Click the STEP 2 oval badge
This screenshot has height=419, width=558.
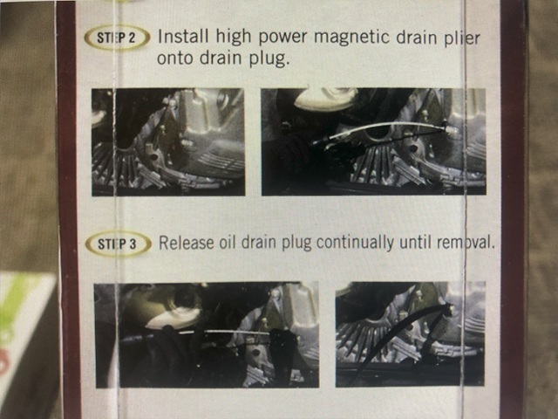point(117,38)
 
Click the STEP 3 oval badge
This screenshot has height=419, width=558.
point(118,244)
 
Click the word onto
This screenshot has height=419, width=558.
point(175,58)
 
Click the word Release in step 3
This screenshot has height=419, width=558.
point(186,243)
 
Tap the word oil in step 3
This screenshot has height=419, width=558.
point(228,243)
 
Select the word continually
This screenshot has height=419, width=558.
point(355,243)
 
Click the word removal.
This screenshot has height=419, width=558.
point(466,243)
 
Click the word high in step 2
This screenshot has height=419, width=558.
point(233,37)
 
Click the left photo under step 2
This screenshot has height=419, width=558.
point(168,141)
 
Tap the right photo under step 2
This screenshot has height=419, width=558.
point(374,141)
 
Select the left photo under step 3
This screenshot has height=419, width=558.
point(207,334)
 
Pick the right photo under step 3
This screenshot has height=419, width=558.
point(411,333)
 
